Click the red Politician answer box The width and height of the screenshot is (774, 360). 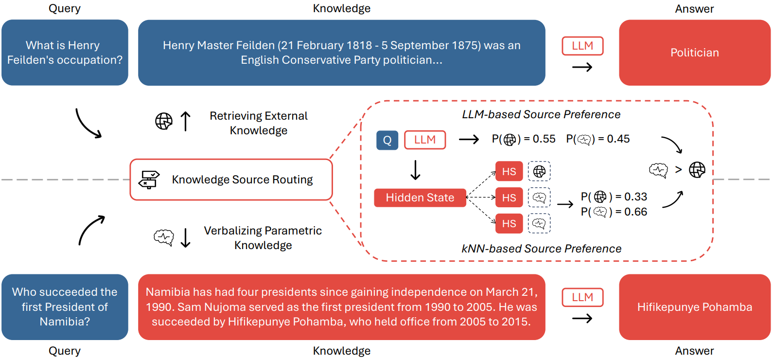point(694,53)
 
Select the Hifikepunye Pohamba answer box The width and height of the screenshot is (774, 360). point(694,307)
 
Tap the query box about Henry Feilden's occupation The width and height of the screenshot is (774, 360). point(65,53)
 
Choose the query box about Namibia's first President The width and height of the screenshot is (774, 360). point(65,307)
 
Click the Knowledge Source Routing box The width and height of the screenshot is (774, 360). point(231,180)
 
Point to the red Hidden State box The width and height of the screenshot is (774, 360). point(420,198)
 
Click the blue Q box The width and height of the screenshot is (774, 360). point(387,140)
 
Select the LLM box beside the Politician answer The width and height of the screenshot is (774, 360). point(582,46)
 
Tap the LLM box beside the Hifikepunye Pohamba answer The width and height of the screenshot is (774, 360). point(582,298)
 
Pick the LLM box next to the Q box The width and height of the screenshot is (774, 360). point(425,140)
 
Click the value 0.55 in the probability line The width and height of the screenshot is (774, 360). point(544,139)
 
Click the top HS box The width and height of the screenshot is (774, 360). point(509,171)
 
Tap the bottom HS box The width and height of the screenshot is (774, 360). point(509,223)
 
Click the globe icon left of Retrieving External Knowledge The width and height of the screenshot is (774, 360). point(164,121)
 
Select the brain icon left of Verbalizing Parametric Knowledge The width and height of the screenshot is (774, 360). point(164,237)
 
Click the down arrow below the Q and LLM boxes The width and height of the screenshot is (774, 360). point(416,170)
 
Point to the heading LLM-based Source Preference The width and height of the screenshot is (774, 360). point(541,114)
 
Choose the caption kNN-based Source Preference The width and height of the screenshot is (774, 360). point(541,249)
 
